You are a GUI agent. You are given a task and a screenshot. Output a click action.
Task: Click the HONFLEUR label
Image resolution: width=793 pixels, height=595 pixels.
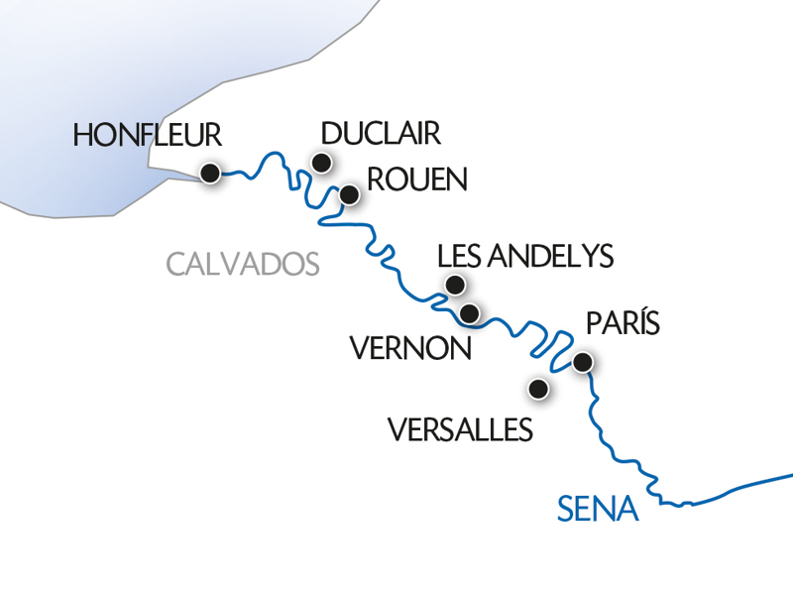click(x=147, y=136)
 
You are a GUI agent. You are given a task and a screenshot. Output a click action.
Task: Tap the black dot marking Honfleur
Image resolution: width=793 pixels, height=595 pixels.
click(x=210, y=174)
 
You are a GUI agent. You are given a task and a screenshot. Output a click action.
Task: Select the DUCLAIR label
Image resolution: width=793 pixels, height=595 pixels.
click(x=381, y=134)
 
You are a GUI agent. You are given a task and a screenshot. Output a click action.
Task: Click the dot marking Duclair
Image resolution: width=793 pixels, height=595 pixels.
click(x=321, y=163)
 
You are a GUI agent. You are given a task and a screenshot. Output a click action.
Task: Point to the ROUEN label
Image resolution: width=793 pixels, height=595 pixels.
click(x=416, y=179)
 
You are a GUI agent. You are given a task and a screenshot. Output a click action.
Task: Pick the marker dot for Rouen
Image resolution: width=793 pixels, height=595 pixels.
click(x=349, y=195)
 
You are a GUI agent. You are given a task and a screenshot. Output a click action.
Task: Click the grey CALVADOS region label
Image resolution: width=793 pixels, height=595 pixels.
click(x=243, y=264)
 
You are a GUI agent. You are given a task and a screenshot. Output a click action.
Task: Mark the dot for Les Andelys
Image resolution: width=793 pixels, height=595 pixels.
click(x=455, y=286)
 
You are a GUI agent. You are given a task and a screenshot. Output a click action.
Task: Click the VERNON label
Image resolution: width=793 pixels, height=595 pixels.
click(x=409, y=348)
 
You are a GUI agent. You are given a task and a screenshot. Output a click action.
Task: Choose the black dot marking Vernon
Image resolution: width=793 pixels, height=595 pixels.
click(x=471, y=314)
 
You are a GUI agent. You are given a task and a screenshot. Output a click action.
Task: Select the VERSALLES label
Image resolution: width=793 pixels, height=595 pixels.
click(x=460, y=428)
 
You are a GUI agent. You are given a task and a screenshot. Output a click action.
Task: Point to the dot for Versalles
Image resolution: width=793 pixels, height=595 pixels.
click(x=539, y=389)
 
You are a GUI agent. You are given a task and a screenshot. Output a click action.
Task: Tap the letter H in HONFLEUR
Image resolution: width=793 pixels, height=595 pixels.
click(x=83, y=136)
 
